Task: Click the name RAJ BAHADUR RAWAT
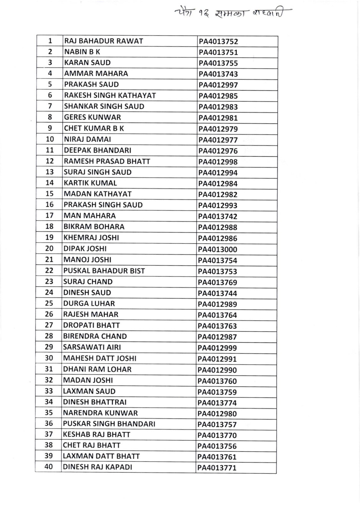[x=103, y=41]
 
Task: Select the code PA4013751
[x=218, y=53]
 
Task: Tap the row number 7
[x=50, y=106]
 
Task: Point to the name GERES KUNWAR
[x=92, y=117]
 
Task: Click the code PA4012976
[x=218, y=151]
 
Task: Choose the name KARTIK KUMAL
[x=90, y=183]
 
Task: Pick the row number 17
[x=49, y=215]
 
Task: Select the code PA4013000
[x=218, y=249]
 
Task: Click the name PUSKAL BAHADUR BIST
[x=104, y=271]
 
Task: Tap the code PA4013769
[x=218, y=282]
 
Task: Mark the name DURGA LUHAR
[x=89, y=304]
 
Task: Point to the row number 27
[x=49, y=325]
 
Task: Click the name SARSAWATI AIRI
[x=92, y=347]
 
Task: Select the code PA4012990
[x=217, y=370]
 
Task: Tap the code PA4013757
[x=217, y=425]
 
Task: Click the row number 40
[x=49, y=467]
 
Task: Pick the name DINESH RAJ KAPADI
[x=97, y=467]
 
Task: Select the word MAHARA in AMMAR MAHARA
[x=112, y=74]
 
